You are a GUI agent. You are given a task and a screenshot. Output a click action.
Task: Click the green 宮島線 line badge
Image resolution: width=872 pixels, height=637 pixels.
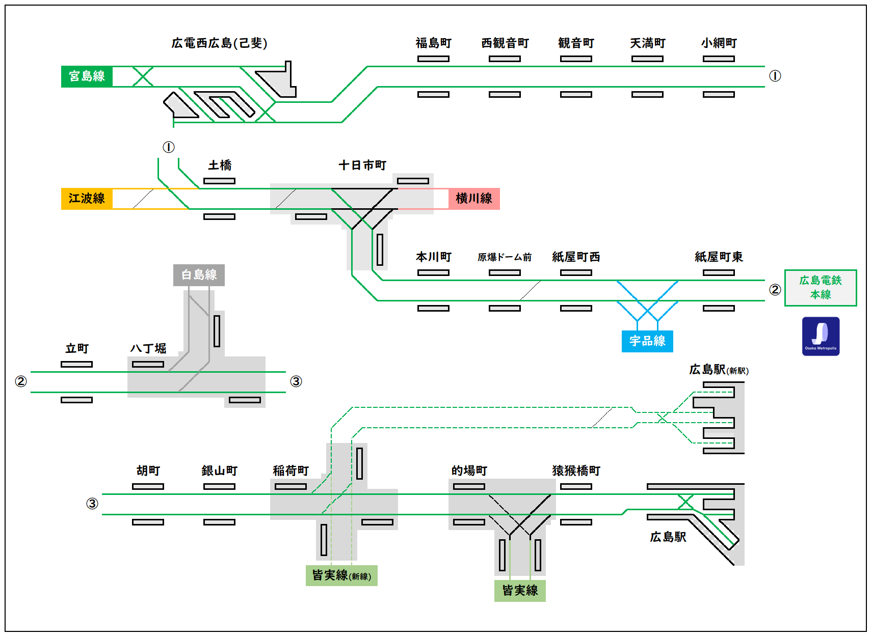click(87, 76)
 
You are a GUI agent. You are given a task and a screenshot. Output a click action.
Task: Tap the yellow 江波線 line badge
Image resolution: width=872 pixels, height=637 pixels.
click(87, 199)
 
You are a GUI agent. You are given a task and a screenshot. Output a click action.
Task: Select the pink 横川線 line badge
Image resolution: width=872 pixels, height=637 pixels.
click(474, 199)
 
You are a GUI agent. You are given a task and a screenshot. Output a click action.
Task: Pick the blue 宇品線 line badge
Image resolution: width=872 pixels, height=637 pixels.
click(647, 341)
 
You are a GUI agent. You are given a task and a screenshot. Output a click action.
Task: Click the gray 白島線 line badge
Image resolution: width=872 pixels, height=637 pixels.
click(199, 275)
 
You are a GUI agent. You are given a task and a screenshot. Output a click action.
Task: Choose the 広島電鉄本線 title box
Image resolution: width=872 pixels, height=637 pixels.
click(821, 288)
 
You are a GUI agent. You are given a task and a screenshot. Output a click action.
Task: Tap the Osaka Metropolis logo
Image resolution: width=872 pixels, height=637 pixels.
click(821, 336)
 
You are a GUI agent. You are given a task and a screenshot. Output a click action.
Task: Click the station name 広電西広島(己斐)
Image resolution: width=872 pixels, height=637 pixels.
click(219, 43)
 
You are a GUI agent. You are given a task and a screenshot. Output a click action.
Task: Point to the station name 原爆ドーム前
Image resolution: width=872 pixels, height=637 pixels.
click(505, 257)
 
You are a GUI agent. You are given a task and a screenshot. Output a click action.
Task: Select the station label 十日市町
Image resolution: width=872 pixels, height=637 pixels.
click(362, 165)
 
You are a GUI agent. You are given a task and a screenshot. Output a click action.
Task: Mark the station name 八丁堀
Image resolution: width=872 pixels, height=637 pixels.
click(148, 349)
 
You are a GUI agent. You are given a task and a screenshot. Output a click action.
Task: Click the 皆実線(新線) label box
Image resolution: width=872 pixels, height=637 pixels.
click(341, 575)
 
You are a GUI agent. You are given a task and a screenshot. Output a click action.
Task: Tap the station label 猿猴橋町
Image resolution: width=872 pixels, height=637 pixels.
click(576, 471)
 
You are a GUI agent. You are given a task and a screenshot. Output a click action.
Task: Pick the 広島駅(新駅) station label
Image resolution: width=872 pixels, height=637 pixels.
click(719, 370)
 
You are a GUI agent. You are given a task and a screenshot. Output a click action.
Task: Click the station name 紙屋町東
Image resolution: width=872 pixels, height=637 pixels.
click(719, 257)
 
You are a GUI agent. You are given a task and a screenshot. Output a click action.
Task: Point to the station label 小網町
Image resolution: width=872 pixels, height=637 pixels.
click(719, 43)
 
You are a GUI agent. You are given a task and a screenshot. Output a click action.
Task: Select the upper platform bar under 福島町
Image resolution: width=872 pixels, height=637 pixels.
click(433, 59)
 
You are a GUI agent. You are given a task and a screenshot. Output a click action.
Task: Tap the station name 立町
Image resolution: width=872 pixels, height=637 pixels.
click(77, 349)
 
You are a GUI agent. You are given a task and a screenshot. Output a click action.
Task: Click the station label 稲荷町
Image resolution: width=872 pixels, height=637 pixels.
click(290, 471)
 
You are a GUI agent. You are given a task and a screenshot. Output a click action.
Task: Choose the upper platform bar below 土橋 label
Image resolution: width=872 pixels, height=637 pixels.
click(219, 181)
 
